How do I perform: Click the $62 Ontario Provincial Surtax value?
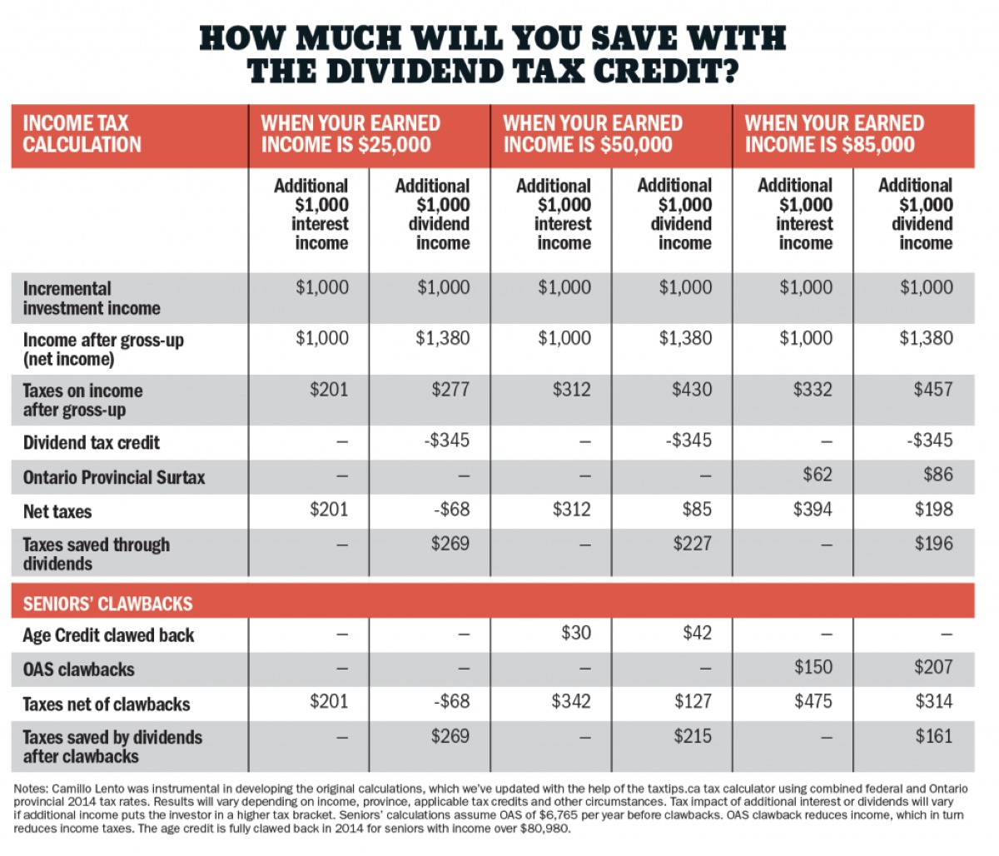[817, 475]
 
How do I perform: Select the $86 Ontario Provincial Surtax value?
[937, 475]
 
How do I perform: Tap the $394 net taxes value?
[812, 509]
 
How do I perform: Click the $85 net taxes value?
[696, 509]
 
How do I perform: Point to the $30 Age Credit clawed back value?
[576, 633]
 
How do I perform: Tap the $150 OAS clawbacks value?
[812, 667]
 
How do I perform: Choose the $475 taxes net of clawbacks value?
[812, 701]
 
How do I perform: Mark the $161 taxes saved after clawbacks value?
[933, 736]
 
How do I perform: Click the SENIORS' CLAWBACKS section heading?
[107, 604]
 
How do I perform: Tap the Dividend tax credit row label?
[91, 443]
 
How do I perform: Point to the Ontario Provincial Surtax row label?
[113, 478]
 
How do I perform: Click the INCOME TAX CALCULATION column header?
[82, 134]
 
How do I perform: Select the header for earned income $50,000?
[592, 134]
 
